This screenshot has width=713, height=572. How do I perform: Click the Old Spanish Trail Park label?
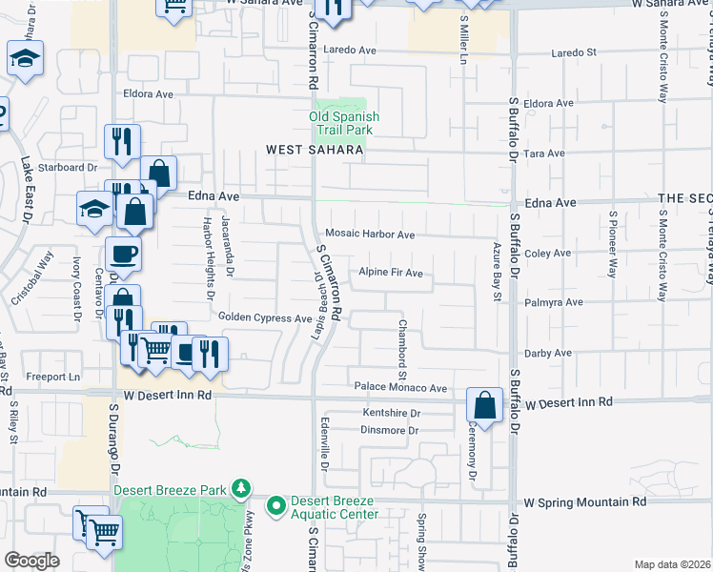pyautogui.click(x=344, y=123)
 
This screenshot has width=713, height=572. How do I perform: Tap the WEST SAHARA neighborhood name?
pyautogui.click(x=314, y=150)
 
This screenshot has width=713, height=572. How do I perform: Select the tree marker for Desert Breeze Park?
pyautogui.click(x=242, y=489)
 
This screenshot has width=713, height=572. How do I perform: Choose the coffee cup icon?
pyautogui.click(x=123, y=255)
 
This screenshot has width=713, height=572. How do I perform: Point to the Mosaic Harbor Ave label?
pyautogui.click(x=370, y=235)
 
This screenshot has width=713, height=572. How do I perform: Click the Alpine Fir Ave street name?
pyautogui.click(x=390, y=273)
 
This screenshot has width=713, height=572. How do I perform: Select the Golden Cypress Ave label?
pyautogui.click(x=265, y=317)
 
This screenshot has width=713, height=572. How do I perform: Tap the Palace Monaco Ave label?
pyautogui.click(x=400, y=388)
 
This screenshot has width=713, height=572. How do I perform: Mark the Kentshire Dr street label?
pyautogui.click(x=392, y=413)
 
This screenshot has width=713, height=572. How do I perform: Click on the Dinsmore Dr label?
pyautogui.click(x=391, y=430)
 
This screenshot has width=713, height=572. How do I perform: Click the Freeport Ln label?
pyautogui.click(x=51, y=377)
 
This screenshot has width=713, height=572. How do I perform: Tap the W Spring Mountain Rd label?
pyautogui.click(x=585, y=501)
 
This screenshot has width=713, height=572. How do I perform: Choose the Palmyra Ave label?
pyautogui.click(x=553, y=302)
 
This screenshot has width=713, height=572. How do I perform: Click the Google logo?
pyautogui.click(x=31, y=561)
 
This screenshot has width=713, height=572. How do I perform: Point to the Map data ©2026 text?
pyautogui.click(x=671, y=564)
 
